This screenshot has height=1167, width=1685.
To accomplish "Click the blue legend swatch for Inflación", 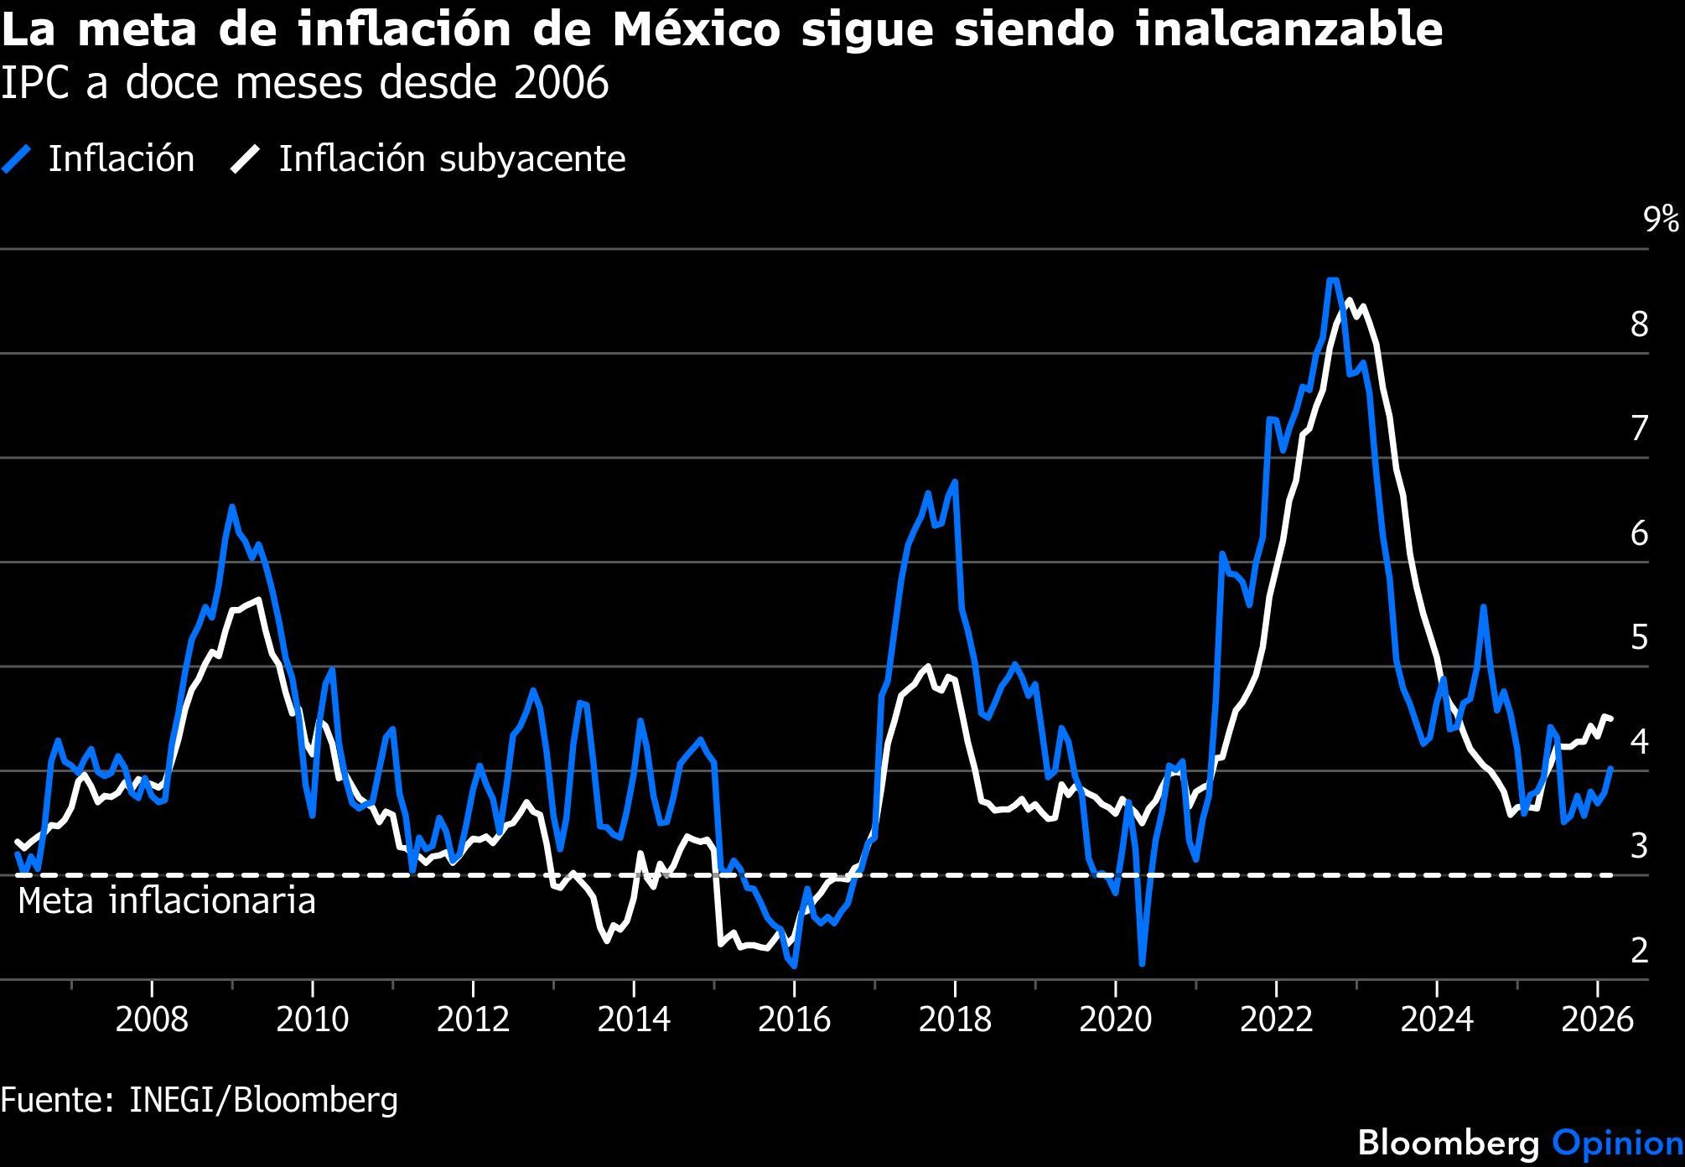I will click(17, 159).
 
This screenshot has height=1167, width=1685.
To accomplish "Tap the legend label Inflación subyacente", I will click(452, 159).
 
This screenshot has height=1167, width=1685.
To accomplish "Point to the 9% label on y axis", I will click(1661, 220).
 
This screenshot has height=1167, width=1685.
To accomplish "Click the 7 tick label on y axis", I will click(1639, 429).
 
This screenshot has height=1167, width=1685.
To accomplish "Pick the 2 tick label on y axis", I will click(1639, 951).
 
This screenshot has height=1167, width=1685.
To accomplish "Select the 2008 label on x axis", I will click(151, 1020).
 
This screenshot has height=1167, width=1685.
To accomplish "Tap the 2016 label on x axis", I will click(793, 1020).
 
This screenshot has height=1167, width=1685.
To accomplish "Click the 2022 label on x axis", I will click(1275, 1020).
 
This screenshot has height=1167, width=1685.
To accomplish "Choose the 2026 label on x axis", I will click(1597, 1020).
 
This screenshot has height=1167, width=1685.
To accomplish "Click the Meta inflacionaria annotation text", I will click(167, 901).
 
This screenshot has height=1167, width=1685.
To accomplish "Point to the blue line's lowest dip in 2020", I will click(1142, 964).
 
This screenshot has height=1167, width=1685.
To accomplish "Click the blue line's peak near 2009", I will click(231, 506).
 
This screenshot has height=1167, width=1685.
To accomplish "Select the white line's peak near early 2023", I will click(1349, 300).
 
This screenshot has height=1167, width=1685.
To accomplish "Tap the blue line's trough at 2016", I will click(793, 966).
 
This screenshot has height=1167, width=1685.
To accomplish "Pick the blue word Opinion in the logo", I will click(1617, 1144).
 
